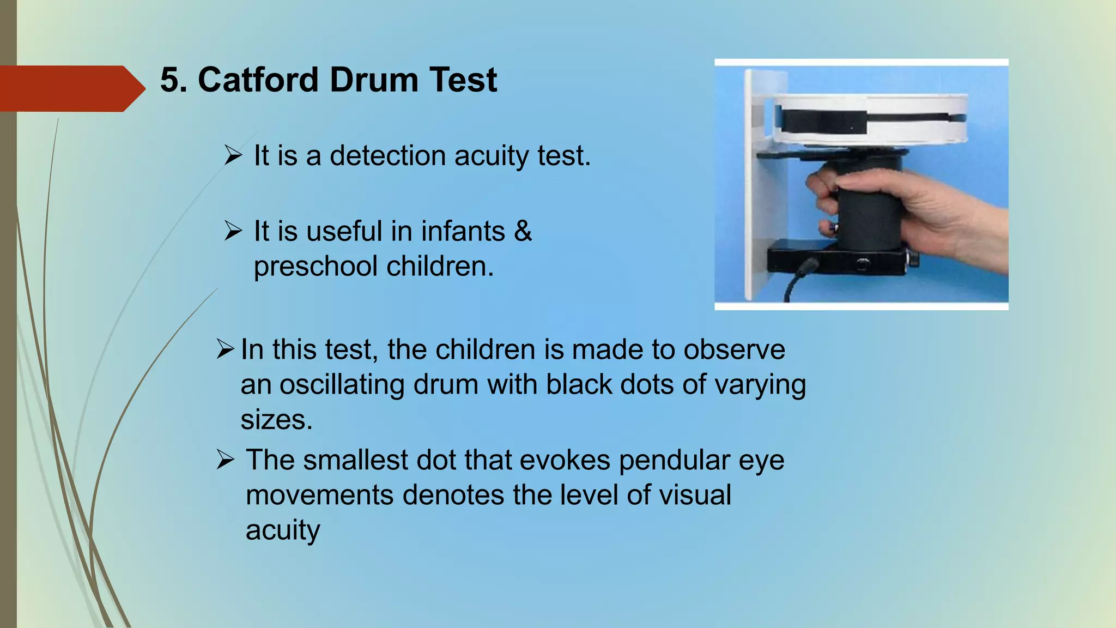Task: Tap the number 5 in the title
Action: coord(169,80)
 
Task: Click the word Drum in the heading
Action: coord(373,80)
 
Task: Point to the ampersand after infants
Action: coord(523,231)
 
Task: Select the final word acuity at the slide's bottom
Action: coord(283,530)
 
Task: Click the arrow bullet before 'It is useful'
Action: coord(233,231)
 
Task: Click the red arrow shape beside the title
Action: coord(71,88)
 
